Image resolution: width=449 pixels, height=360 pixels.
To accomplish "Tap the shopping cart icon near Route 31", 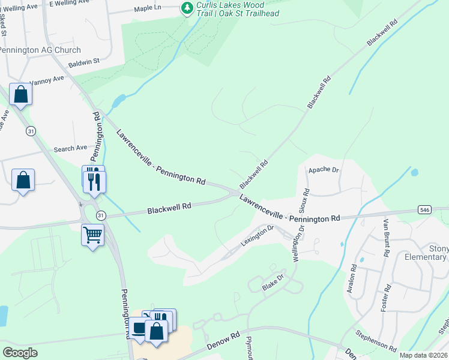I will (92, 235).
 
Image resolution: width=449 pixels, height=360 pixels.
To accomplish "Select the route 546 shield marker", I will (425, 209).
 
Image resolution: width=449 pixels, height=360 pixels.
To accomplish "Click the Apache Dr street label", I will (324, 170).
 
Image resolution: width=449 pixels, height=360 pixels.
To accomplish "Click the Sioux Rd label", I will (306, 202).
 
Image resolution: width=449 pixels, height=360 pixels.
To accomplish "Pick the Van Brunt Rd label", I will (386, 237).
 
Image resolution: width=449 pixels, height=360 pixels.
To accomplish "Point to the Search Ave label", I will (71, 148).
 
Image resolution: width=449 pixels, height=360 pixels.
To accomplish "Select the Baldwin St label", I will (83, 61).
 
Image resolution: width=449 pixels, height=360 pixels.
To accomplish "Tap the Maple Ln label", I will (148, 8).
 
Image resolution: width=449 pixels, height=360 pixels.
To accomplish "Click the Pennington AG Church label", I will (40, 50).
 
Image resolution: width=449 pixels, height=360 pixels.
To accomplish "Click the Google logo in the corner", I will (20, 353).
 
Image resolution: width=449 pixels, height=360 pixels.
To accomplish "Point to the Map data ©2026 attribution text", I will (423, 355).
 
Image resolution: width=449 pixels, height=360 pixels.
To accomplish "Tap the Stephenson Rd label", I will (376, 341).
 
